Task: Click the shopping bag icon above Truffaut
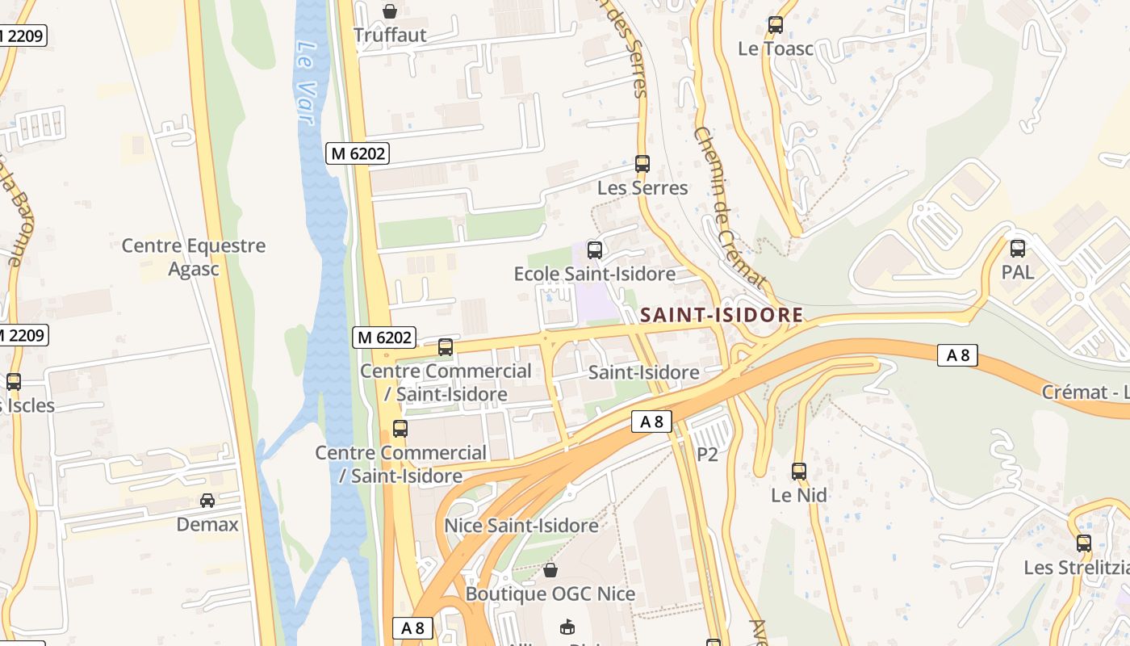(x=390, y=11)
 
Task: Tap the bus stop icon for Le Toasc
(x=776, y=25)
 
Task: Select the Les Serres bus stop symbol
(x=642, y=164)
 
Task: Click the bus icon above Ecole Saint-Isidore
(x=595, y=250)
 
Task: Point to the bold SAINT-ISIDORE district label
(x=722, y=315)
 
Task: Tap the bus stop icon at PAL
(x=1018, y=249)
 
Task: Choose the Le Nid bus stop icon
(x=799, y=472)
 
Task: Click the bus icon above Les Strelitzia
(x=1084, y=543)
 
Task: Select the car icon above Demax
(x=207, y=501)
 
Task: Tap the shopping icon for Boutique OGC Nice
(x=550, y=571)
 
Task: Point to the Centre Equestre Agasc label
(x=194, y=257)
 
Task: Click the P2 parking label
(x=707, y=455)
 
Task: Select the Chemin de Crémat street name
(x=728, y=207)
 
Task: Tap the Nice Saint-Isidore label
(x=521, y=526)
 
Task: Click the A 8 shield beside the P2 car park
(x=651, y=422)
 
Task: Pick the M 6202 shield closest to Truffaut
(x=357, y=153)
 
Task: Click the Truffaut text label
(x=390, y=36)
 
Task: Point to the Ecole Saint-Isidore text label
(x=595, y=275)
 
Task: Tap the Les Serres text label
(x=642, y=188)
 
